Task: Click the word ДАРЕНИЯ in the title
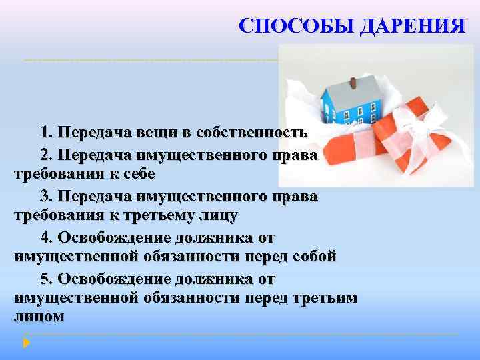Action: coord(411,26)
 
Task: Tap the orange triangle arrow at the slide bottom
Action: coord(25,343)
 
